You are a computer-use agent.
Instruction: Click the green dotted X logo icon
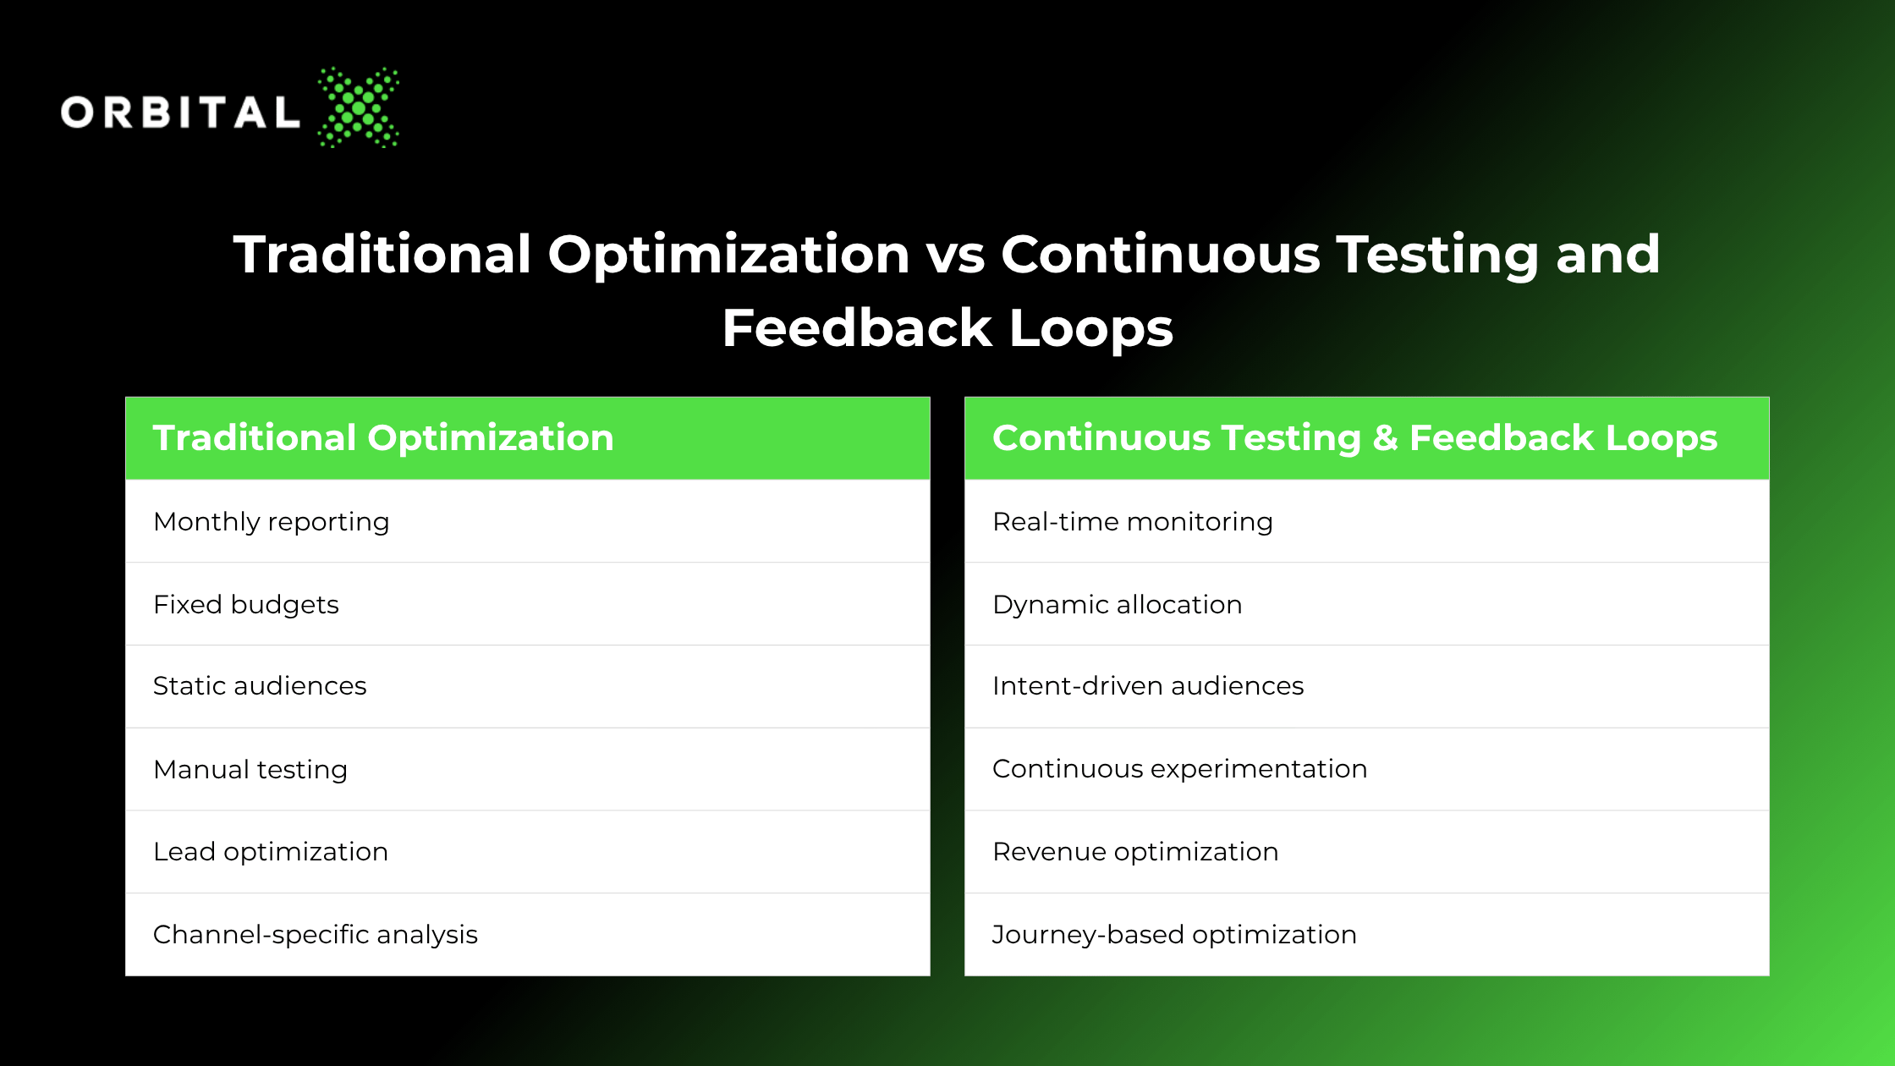359,107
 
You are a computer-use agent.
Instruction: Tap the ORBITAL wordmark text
180,113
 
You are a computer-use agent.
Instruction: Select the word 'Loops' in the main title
1091,328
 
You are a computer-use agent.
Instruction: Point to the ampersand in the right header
1386,438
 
